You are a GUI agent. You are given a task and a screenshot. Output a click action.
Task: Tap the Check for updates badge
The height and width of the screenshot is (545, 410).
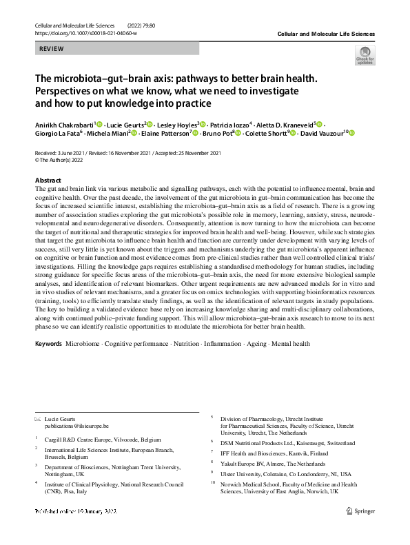coord(365,55)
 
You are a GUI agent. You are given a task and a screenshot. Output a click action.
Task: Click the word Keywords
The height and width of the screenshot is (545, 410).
coord(48,343)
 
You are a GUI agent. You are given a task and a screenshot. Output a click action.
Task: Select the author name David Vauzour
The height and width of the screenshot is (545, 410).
coord(320,132)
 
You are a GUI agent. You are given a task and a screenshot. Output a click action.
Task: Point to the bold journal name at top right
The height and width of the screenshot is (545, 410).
coord(326,33)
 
